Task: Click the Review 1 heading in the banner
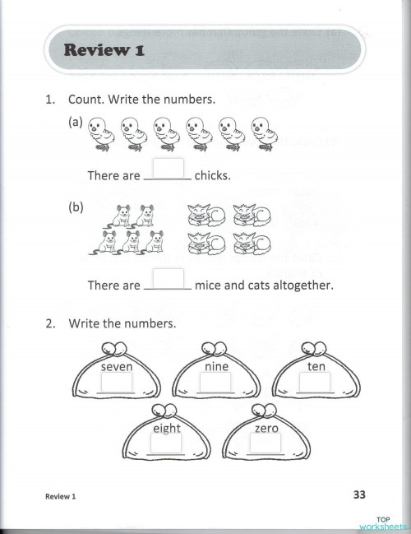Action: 104,51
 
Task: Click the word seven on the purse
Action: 116,366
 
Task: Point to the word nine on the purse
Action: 215,366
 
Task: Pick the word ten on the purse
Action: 316,366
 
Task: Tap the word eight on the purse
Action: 166,428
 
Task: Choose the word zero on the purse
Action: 266,428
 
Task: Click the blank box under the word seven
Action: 116,383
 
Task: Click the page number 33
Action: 358,495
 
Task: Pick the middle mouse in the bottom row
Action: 131,242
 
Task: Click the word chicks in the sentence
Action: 212,176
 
